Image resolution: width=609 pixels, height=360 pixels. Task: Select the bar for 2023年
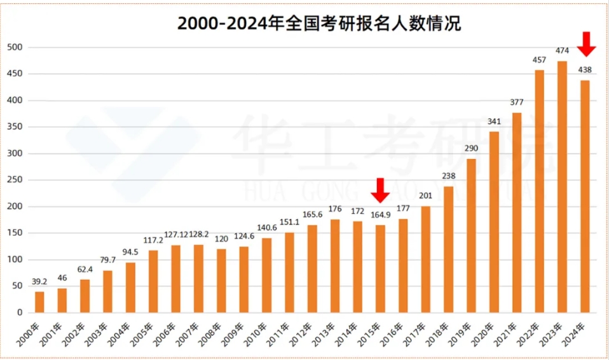pyautogui.click(x=562, y=187)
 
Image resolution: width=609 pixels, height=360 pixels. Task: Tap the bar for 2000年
pyautogui.click(x=39, y=302)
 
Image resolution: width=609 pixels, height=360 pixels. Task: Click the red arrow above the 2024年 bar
pyautogui.click(x=586, y=44)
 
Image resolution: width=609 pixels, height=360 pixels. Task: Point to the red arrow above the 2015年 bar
pyautogui.click(x=380, y=190)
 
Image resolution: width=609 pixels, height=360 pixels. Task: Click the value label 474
pyautogui.click(x=562, y=50)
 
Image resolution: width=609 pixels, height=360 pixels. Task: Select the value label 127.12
pyautogui.click(x=175, y=235)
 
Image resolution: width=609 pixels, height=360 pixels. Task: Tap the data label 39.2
pyautogui.click(x=39, y=282)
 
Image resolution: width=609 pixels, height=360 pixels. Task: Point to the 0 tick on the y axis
pyautogui.click(x=20, y=313)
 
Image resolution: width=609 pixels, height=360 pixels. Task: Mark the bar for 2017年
pyautogui.click(x=426, y=260)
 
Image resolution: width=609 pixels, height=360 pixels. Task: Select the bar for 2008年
pyautogui.click(x=221, y=280)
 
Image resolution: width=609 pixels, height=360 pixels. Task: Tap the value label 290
pyautogui.click(x=471, y=148)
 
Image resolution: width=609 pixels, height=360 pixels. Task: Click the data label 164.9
pyautogui.click(x=380, y=214)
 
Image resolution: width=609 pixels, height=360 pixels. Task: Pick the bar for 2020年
pyautogui.click(x=494, y=222)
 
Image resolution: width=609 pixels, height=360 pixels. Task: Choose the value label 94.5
pyautogui.click(x=130, y=252)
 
